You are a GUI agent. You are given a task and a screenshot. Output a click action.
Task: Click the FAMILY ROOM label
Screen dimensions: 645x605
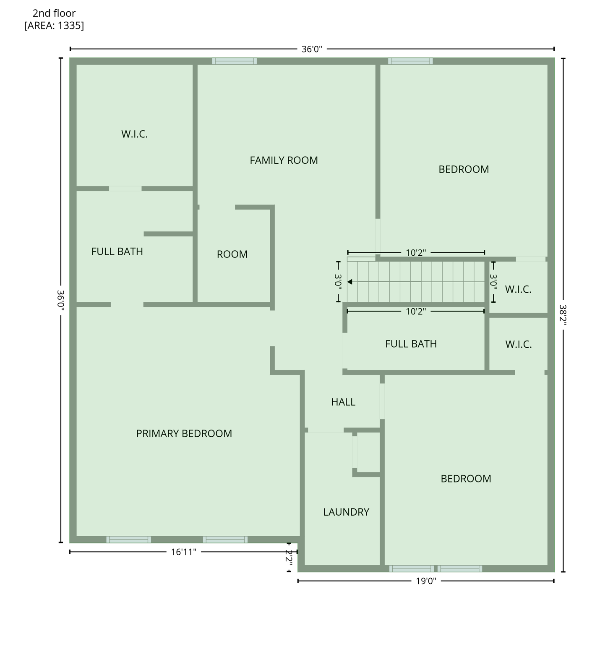[284, 160]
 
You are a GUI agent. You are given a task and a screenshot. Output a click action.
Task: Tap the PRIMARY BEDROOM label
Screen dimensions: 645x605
[184, 434]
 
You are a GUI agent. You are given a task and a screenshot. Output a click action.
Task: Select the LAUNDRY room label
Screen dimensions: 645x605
[346, 512]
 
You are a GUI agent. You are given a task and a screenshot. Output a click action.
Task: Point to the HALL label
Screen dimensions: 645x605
[343, 402]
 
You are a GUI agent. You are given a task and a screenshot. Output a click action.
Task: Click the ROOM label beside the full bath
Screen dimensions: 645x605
[232, 254]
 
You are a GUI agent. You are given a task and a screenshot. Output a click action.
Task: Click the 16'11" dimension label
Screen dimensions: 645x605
[183, 552]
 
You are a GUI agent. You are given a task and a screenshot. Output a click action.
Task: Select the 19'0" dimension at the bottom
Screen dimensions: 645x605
[426, 581]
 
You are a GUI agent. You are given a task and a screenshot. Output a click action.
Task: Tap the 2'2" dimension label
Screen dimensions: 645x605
[289, 557]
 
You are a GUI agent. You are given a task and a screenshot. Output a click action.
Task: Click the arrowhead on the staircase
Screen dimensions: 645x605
[350, 282]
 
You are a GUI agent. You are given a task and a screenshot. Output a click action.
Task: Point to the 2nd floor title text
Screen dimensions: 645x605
[54, 13]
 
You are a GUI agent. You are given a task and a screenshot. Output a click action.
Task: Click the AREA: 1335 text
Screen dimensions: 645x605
[54, 26]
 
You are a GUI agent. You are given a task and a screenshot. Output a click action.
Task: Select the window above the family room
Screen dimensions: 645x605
[234, 61]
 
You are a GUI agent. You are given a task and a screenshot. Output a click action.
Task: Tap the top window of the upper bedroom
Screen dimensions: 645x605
[410, 61]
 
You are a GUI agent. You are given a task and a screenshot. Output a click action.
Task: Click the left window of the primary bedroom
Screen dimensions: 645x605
[128, 540]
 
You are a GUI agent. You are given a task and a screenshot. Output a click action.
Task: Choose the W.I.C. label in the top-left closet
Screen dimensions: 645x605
[134, 134]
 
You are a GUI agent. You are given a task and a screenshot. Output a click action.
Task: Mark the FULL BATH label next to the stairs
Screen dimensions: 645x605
[411, 344]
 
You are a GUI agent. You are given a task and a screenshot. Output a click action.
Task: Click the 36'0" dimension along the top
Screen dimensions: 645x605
[312, 49]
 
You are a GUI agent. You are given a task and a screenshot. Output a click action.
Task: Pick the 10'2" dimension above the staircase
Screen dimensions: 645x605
[416, 253]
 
